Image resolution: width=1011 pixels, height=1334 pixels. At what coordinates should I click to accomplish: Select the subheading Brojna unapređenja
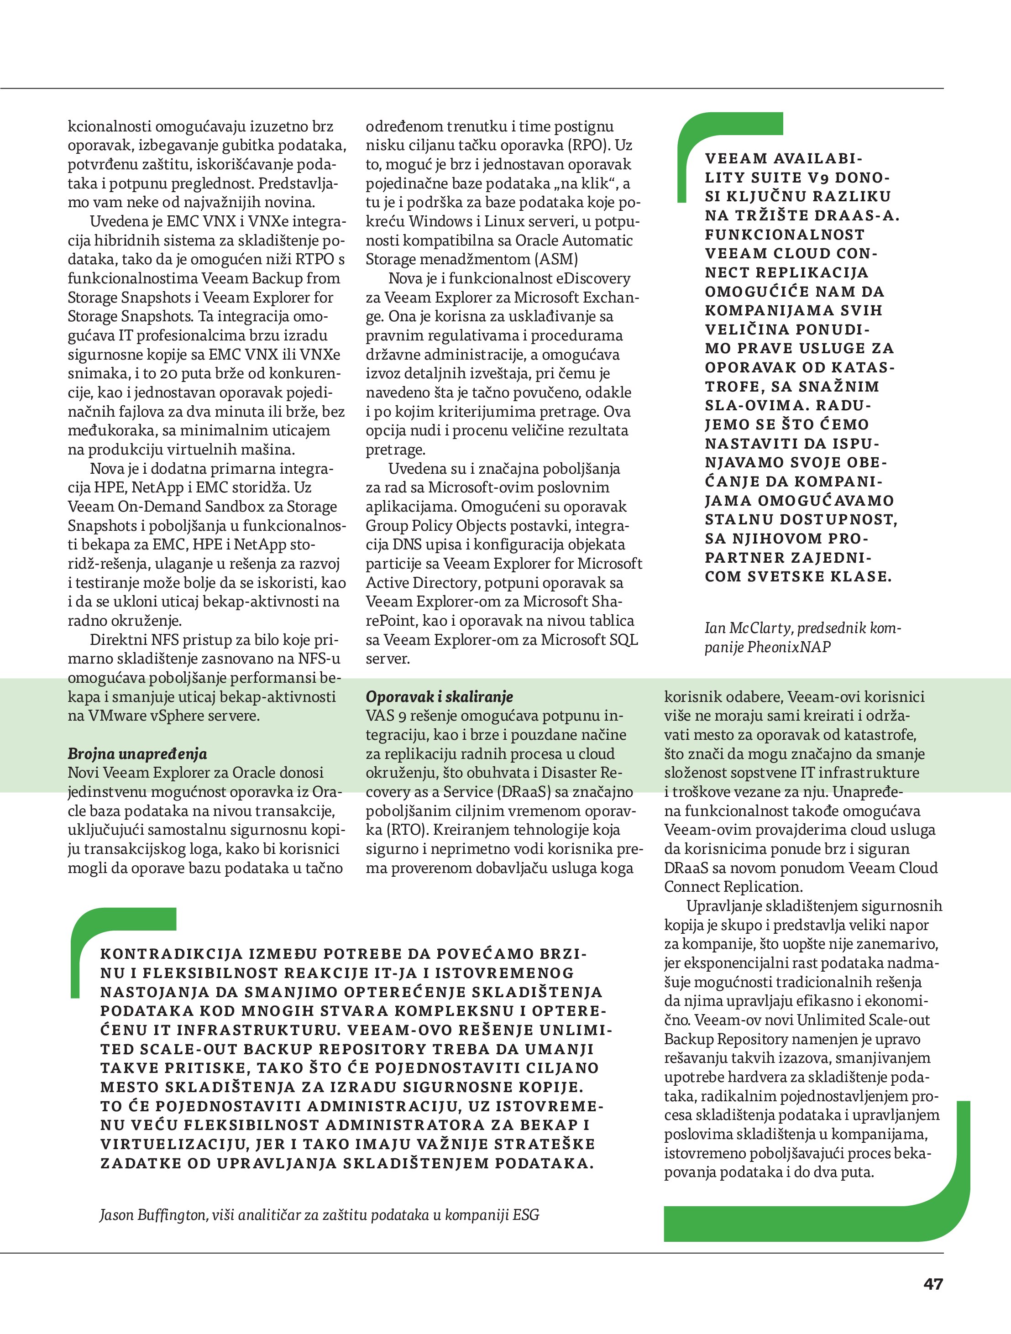click(x=137, y=754)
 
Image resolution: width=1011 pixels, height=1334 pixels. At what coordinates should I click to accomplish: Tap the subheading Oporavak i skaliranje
click(x=439, y=696)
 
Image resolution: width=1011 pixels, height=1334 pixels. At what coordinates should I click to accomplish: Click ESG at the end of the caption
click(x=525, y=1214)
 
